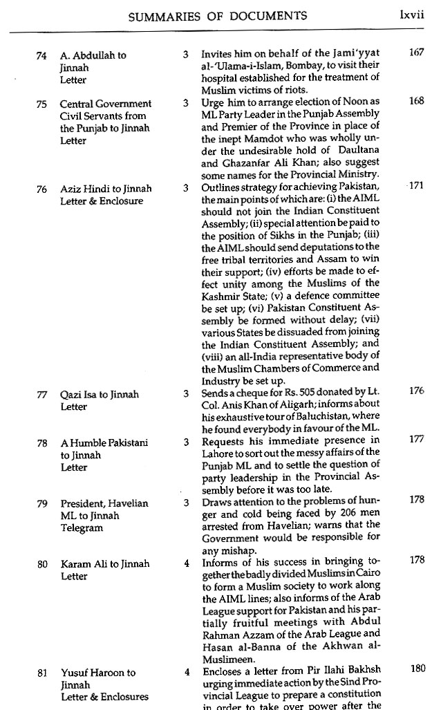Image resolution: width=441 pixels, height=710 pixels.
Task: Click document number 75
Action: pos(41,104)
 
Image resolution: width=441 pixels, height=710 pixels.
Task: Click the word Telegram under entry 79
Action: pos(82,528)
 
